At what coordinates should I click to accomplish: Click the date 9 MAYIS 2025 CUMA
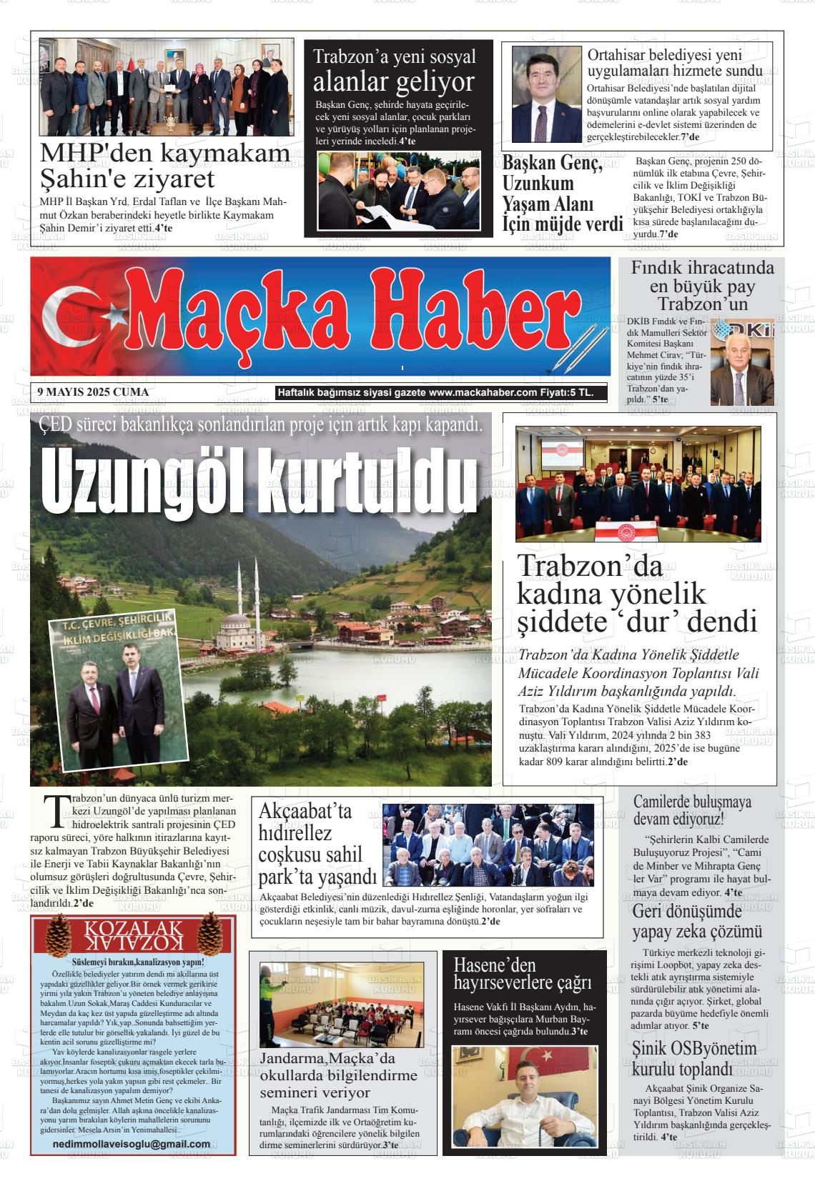(x=93, y=392)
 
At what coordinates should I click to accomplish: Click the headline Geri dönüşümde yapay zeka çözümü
(x=697, y=921)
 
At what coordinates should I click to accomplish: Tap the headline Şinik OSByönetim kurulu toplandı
(x=694, y=1058)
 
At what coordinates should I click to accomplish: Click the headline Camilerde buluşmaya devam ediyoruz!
(x=692, y=810)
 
